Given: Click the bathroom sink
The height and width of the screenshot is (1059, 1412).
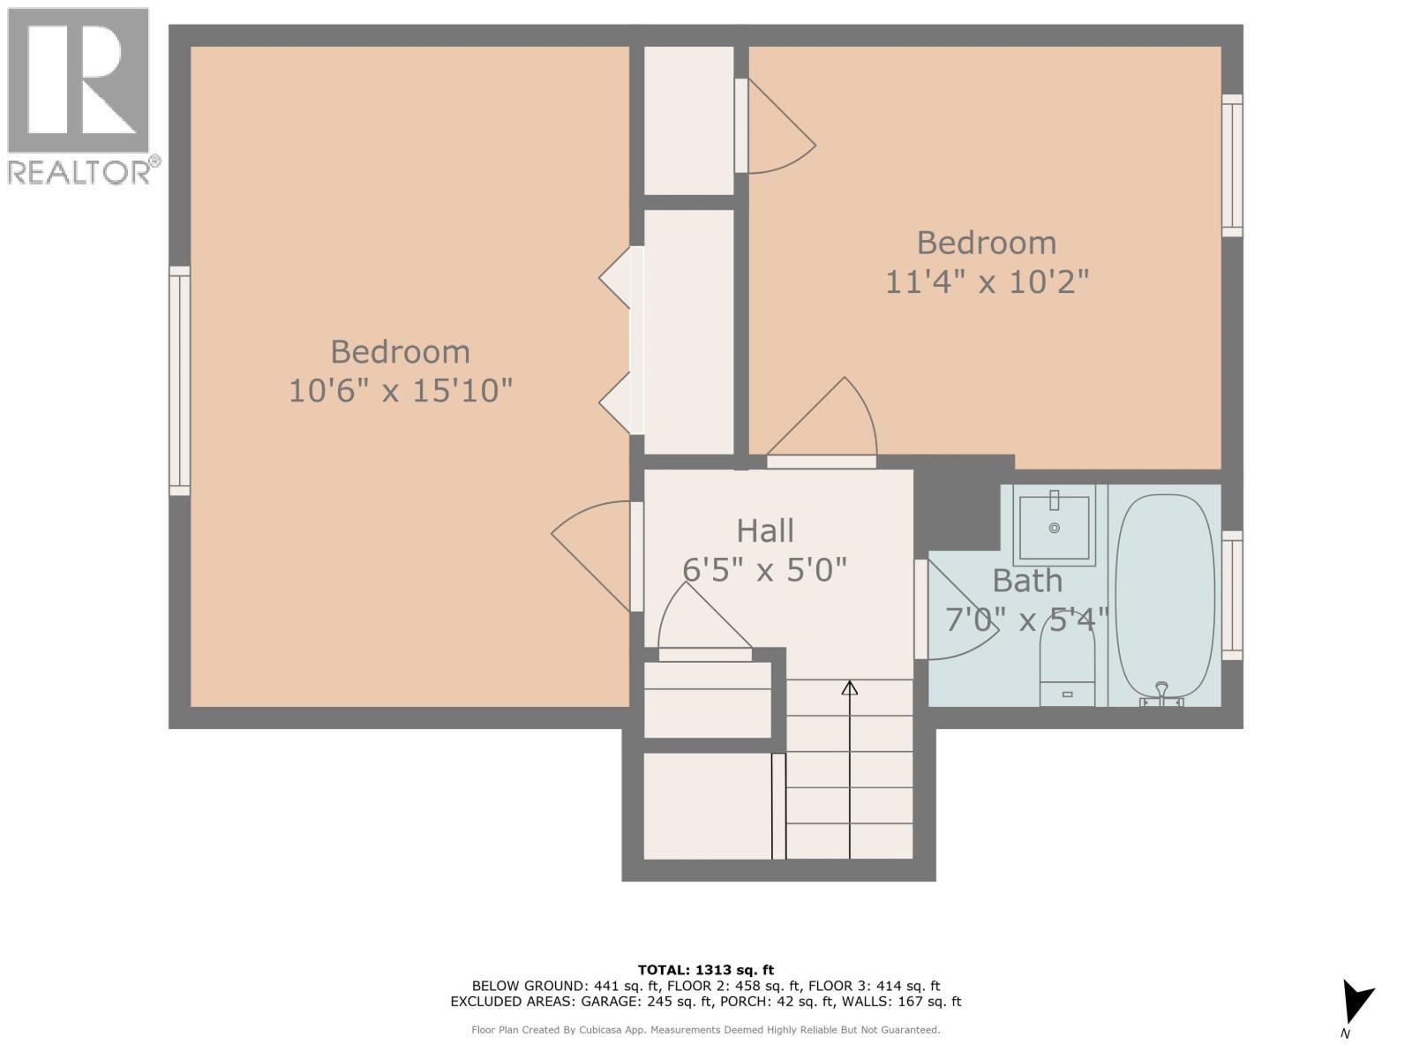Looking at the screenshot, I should click(1054, 526).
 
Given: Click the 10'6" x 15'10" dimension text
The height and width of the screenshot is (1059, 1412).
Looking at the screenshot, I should click(401, 390).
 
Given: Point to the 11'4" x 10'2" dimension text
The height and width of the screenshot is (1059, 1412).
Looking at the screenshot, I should click(987, 282).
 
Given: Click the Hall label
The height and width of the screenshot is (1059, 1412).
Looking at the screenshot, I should click(765, 531).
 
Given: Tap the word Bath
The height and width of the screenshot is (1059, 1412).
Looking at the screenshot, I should click(1027, 582).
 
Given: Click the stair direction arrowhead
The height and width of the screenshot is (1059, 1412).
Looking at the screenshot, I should click(849, 687).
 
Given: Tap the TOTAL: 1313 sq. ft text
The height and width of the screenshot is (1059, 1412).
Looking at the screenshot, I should click(705, 970).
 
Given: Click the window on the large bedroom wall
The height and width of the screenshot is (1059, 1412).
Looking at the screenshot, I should click(179, 380).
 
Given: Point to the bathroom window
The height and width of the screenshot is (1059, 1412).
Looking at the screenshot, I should click(1232, 596).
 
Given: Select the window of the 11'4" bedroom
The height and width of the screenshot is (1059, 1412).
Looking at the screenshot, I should click(1232, 166).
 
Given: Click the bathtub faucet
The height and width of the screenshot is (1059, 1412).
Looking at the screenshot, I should click(1161, 694).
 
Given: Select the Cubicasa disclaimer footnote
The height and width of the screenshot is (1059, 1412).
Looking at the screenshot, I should click(705, 1030).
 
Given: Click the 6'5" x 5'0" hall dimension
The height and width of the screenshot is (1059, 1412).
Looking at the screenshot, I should click(765, 570).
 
